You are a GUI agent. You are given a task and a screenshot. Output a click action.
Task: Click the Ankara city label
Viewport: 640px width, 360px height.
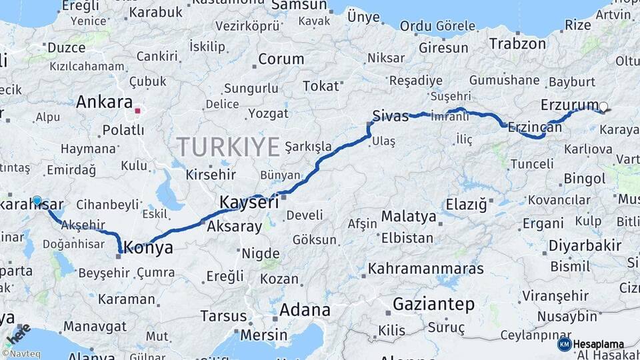(x=104, y=103)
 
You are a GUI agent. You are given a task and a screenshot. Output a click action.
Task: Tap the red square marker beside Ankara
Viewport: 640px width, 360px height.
(x=138, y=111)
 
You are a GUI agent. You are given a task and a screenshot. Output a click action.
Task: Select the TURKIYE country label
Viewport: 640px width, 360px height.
(x=228, y=147)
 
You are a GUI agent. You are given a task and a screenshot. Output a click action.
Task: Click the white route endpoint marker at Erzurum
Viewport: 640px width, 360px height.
(x=603, y=107)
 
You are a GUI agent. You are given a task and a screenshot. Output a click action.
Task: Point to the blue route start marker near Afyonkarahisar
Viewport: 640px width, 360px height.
(x=37, y=201)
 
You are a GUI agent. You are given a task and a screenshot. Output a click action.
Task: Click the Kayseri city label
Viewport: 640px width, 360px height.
(x=249, y=202)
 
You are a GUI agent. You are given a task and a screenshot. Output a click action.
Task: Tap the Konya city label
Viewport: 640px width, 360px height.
(x=149, y=248)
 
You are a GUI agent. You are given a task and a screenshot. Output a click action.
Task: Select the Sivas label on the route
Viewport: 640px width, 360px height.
(x=391, y=116)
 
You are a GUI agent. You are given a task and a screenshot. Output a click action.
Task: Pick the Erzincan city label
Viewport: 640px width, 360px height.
(x=535, y=127)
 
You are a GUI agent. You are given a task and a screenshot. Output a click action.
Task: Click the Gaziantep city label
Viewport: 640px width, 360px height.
(x=433, y=305)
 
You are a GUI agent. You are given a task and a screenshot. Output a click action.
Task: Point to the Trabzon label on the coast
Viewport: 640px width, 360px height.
(x=517, y=44)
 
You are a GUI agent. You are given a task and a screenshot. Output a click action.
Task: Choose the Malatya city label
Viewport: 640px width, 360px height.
(x=409, y=217)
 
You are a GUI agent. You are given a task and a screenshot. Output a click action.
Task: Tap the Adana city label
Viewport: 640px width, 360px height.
(x=305, y=310)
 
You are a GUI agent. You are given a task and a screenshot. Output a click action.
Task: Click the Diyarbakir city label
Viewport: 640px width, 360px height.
(x=585, y=245)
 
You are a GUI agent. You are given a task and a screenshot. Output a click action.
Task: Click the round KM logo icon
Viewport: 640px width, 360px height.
(x=564, y=344)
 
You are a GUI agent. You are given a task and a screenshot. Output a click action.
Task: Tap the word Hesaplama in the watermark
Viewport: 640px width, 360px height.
(x=599, y=344)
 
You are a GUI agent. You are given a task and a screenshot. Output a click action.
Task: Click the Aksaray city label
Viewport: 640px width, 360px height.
(x=235, y=227)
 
